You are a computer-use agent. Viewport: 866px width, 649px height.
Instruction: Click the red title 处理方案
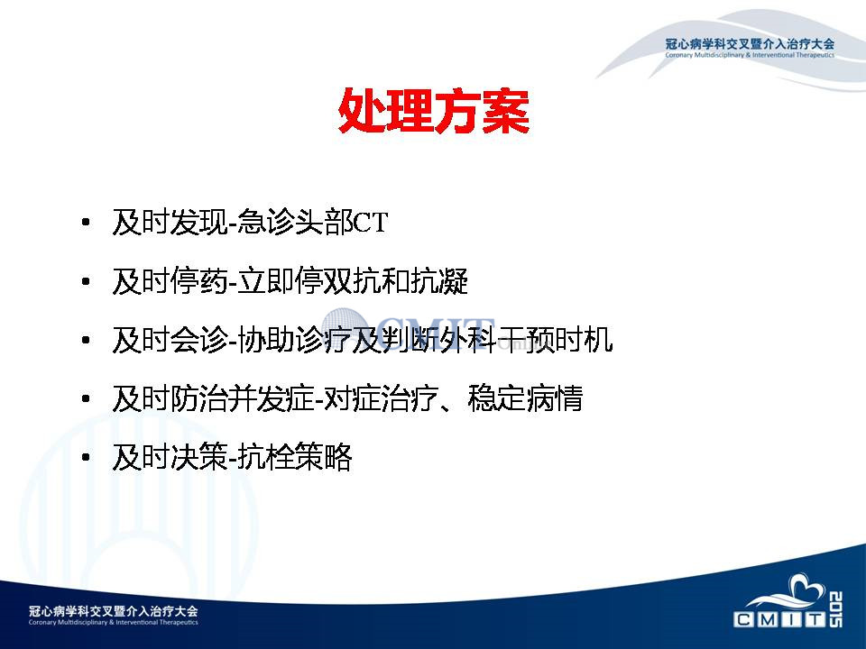434,110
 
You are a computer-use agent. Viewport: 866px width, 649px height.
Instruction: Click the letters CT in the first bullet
371,223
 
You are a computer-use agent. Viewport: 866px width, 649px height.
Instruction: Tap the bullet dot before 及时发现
86,223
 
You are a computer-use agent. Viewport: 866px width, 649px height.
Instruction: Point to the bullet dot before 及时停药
86,281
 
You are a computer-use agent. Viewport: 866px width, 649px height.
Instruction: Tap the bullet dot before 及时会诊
86,340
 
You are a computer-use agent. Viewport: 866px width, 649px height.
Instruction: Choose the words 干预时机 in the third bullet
555,340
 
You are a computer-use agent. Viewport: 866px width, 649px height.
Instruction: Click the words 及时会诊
170,340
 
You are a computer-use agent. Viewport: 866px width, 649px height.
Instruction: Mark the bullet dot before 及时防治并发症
86,398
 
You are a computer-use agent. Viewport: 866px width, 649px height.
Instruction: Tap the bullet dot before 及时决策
86,457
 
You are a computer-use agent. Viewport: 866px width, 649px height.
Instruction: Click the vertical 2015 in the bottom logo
835,609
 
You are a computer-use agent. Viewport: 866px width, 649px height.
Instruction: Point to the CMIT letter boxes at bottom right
779,620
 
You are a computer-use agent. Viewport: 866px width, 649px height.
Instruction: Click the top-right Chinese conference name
750,44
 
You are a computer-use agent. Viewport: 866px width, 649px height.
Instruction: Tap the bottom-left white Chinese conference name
114,611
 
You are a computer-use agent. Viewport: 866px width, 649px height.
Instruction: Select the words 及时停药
170,281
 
